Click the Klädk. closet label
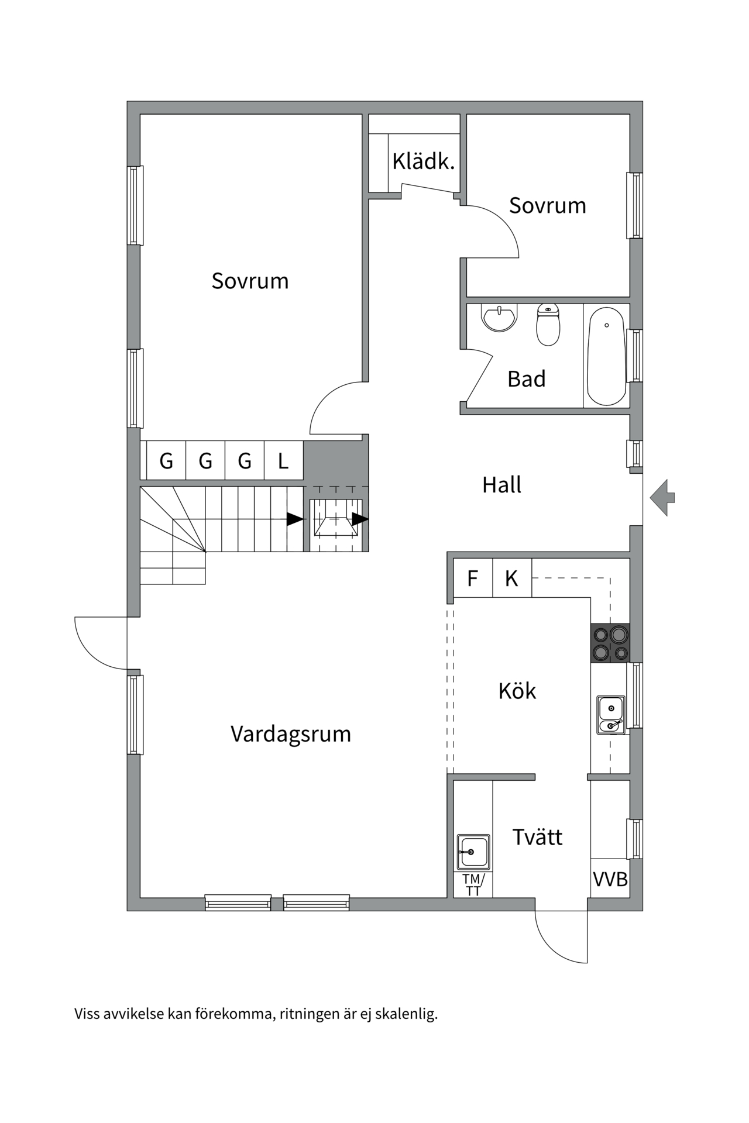pyautogui.click(x=423, y=161)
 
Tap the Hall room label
pyautogui.click(x=501, y=485)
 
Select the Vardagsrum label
pyautogui.click(x=291, y=734)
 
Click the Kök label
pyautogui.click(x=517, y=691)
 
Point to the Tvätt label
pyautogui.click(x=537, y=837)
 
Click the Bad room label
pyautogui.click(x=527, y=379)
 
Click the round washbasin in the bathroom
pyautogui.click(x=499, y=318)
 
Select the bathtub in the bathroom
pyautogui.click(x=606, y=356)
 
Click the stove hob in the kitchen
pyautogui.click(x=610, y=643)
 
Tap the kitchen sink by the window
pyautogui.click(x=611, y=715)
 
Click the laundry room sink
pyautogui.click(x=473, y=852)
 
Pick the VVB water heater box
pyautogui.click(x=610, y=879)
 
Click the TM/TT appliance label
pyautogui.click(x=473, y=884)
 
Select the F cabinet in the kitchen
pyautogui.click(x=473, y=578)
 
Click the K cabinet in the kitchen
pyautogui.click(x=512, y=578)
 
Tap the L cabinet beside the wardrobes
pyautogui.click(x=283, y=461)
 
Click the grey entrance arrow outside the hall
pyautogui.click(x=662, y=498)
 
